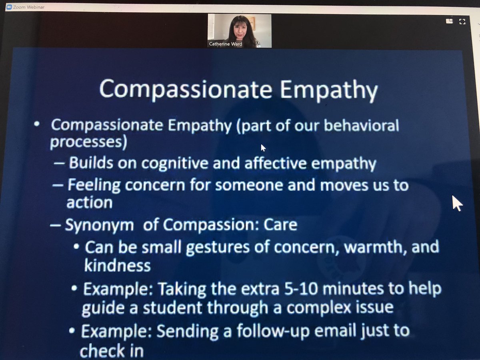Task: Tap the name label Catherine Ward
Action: (226, 44)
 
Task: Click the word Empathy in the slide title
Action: (328, 90)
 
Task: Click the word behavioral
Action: (361, 126)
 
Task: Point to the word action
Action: (89, 203)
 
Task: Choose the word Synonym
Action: (99, 225)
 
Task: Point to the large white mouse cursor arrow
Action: (456, 203)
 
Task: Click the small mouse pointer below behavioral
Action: (263, 148)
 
